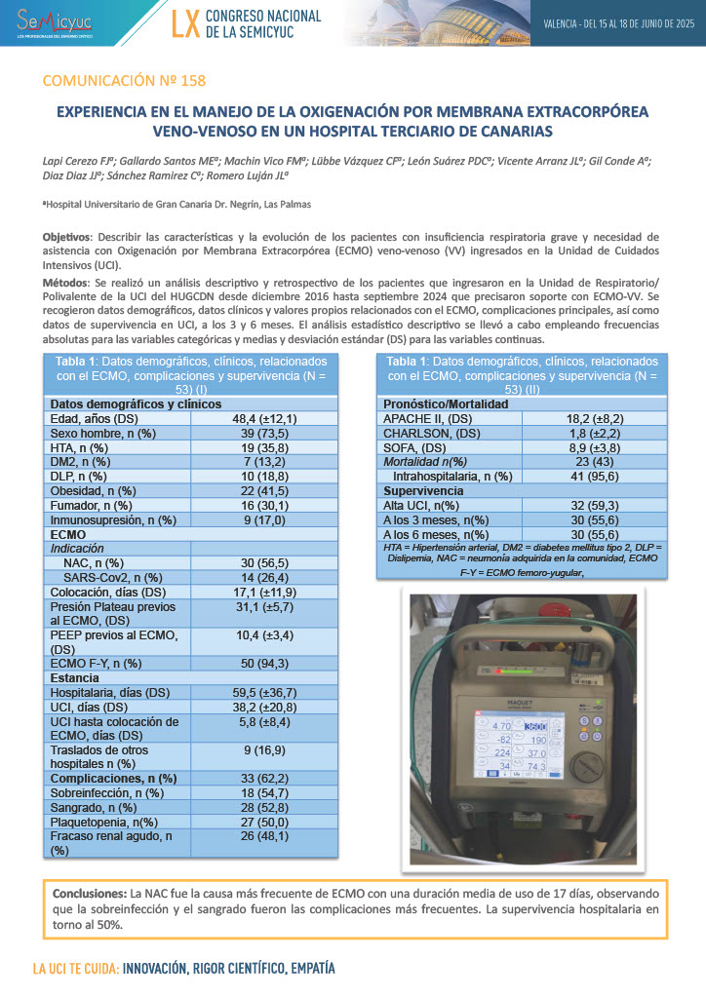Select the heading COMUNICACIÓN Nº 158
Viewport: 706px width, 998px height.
[x=124, y=80]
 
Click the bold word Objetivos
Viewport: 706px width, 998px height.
[x=66, y=237]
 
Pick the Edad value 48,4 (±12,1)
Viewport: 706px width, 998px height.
[x=264, y=418]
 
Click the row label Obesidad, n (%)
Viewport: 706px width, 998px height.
[x=93, y=491]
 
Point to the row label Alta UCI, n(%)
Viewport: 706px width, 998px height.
[x=420, y=506]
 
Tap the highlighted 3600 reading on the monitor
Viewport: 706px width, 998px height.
[x=533, y=726]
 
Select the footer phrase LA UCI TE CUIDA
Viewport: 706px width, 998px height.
[x=75, y=970]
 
